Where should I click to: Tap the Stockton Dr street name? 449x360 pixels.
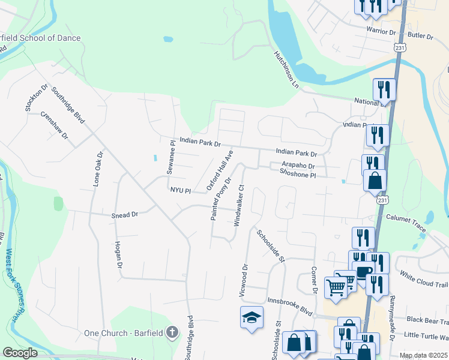click(36, 97)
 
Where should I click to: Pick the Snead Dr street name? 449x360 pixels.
click(125, 214)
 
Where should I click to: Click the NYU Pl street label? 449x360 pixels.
click(180, 191)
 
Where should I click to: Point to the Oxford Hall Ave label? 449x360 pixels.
click(220, 172)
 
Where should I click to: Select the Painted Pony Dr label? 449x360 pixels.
click(221, 199)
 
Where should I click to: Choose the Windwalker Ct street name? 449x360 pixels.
click(239, 205)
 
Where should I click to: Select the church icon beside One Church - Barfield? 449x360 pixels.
click(172, 332)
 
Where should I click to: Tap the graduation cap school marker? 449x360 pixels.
click(252, 318)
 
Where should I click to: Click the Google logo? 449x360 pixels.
click(20, 353)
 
